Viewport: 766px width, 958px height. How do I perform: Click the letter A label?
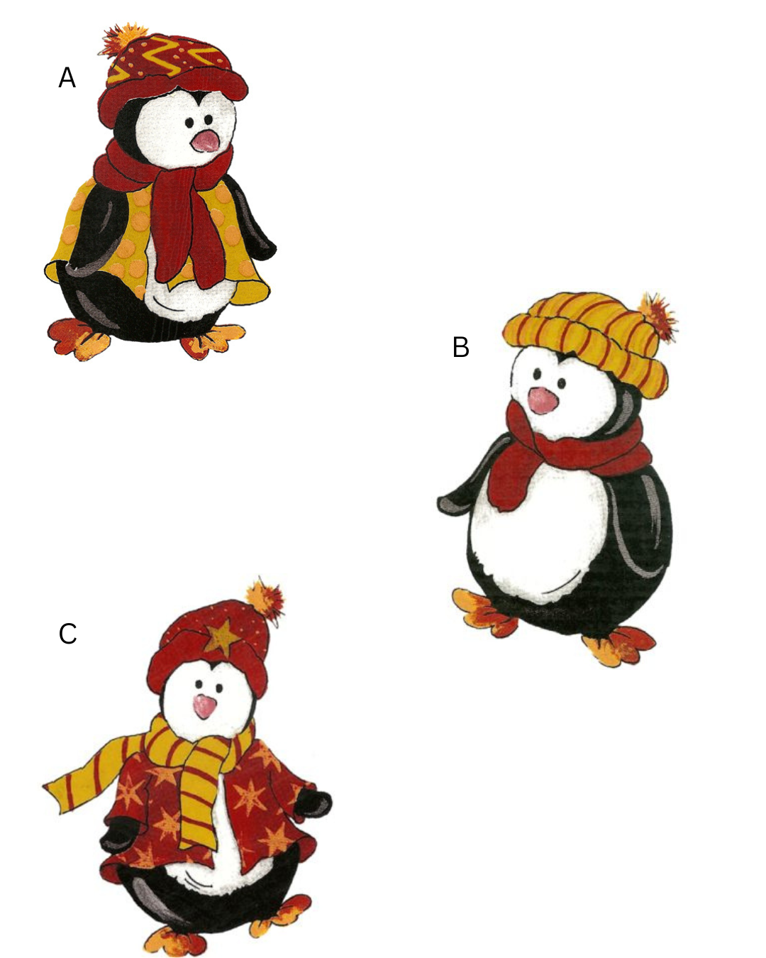67,77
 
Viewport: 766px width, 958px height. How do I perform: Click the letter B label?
460,347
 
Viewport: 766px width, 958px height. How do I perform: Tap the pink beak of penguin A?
205,141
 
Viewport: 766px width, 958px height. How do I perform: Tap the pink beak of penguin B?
543,400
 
